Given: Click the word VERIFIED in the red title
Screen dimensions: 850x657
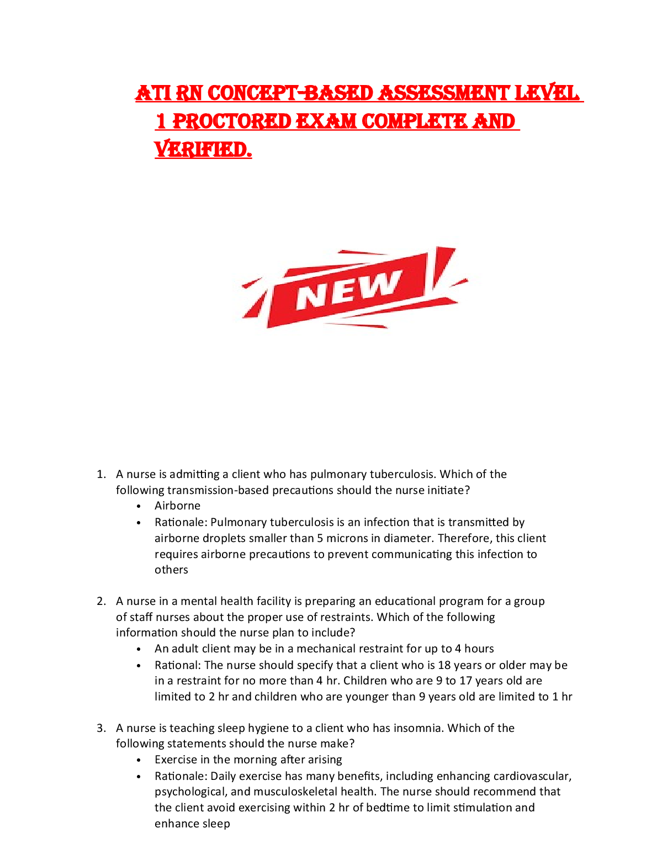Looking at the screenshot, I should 203,149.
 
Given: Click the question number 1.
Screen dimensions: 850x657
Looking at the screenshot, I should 100,474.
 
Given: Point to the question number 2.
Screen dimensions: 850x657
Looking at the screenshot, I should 100,601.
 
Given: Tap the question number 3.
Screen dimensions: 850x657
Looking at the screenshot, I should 100,728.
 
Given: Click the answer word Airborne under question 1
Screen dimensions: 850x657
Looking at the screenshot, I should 177,506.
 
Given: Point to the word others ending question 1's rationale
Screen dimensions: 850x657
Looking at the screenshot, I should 171,570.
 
